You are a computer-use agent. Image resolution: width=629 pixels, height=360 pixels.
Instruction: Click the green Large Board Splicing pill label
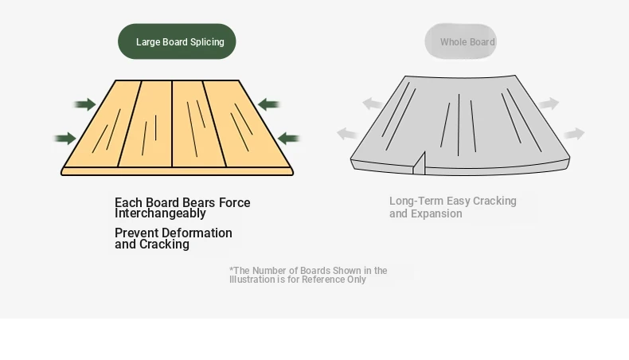pos(177,41)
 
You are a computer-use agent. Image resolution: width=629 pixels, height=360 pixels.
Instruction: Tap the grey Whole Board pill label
pos(460,41)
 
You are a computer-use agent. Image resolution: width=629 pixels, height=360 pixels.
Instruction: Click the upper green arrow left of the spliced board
pos(85,104)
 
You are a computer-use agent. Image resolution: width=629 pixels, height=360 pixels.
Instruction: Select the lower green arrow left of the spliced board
pos(65,139)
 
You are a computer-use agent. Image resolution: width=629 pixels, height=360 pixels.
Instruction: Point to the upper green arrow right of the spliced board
pos(268,104)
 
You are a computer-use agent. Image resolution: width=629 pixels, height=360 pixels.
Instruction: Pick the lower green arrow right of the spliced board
pos(288,139)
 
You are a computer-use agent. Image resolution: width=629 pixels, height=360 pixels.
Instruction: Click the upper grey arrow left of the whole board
pos(373,104)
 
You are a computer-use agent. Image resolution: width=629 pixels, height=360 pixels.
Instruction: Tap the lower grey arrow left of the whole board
pos(347,134)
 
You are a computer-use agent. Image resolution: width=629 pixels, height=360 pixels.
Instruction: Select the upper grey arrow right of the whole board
pos(549,104)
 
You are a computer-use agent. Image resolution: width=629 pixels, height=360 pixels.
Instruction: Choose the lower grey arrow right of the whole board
pos(574,134)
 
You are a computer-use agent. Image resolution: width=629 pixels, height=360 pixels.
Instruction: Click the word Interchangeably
pos(160,213)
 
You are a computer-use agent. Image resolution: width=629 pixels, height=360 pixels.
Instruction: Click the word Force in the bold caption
pos(235,202)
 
